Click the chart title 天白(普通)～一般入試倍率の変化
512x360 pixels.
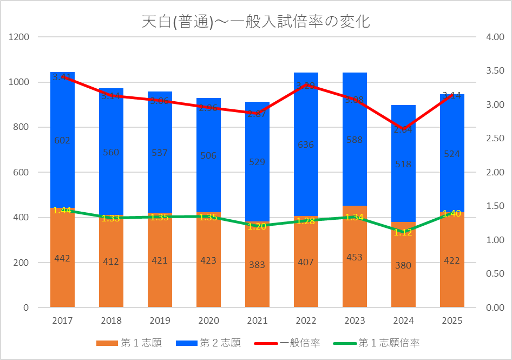(x=255, y=22)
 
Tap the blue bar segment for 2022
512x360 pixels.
(x=306, y=162)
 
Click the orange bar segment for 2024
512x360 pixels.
(x=403, y=282)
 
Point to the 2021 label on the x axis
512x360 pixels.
(x=257, y=320)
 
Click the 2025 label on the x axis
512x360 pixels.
(x=452, y=320)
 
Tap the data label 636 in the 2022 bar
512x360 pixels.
(x=306, y=145)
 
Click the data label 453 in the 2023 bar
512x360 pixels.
(x=355, y=257)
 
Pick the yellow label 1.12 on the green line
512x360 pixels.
(x=403, y=233)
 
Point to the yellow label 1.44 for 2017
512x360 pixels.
(x=62, y=210)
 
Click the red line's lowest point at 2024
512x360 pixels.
(x=403, y=129)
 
